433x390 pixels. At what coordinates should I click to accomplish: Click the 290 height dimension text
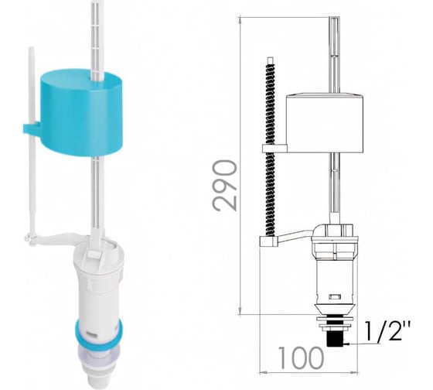point(225,186)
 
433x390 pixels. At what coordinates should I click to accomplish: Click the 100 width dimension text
point(301,358)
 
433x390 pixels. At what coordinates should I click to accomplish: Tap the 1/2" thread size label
point(387,330)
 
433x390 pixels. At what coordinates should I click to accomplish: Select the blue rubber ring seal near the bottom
point(98,332)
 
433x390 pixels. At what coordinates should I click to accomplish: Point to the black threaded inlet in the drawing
point(335,338)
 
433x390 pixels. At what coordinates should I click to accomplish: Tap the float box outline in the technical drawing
point(324,123)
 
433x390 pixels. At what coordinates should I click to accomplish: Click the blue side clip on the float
point(31,129)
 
